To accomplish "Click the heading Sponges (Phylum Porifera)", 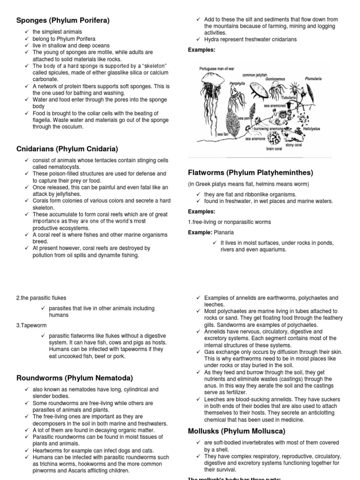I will [x=63, y=20].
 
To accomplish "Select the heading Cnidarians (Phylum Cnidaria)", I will [x=67, y=149].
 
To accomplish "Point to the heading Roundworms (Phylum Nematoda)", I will [x=75, y=378].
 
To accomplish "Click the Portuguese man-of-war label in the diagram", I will [x=217, y=69].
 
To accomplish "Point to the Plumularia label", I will [x=313, y=79].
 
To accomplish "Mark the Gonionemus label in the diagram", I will [x=275, y=80].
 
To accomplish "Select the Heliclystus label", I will [x=311, y=128].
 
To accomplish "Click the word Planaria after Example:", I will [x=224, y=232].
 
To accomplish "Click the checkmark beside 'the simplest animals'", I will [x=27, y=32].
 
